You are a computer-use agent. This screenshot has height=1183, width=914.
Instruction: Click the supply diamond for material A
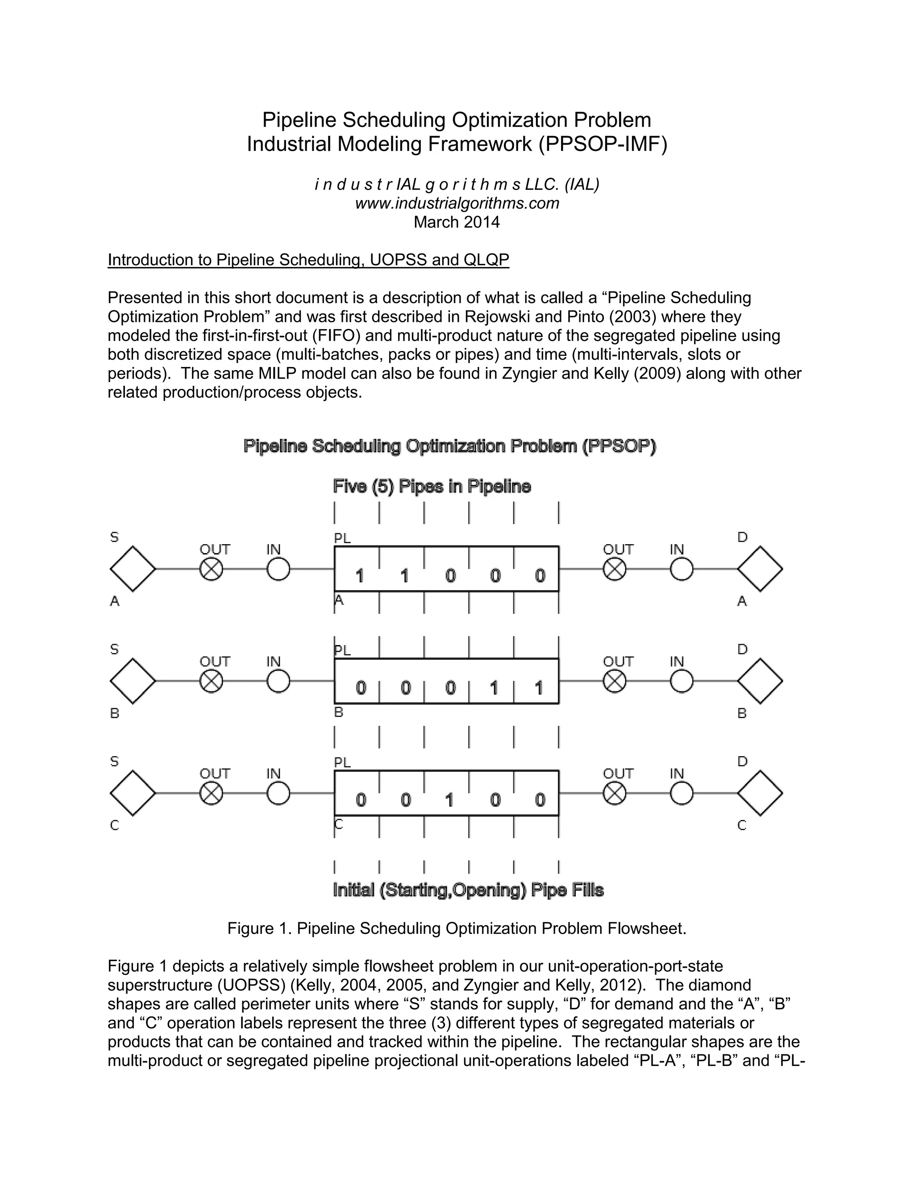pos(133,569)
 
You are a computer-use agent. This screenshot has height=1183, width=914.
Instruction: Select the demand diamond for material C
pos(760,793)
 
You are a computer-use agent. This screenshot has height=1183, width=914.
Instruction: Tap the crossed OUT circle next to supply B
pos(211,681)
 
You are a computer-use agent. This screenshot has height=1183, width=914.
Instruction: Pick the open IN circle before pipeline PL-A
pos(278,569)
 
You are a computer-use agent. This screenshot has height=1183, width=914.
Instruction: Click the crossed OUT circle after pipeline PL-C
pos(615,793)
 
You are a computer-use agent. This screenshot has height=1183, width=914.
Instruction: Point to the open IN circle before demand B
pos(681,681)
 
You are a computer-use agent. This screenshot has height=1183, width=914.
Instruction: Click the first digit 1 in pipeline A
pos(360,576)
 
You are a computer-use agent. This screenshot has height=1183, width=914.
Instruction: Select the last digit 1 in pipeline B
pos(539,688)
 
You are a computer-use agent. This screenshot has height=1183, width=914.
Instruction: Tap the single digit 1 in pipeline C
pos(449,800)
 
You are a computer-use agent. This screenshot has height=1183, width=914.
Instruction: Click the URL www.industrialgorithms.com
pos(457,203)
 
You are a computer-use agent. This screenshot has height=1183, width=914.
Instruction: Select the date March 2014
pos(457,222)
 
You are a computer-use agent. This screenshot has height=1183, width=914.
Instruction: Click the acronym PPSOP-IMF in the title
pos(602,144)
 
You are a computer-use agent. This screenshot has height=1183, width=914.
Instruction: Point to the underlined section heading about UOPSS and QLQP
pos(309,260)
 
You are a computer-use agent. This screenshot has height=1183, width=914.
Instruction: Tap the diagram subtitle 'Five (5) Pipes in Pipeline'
pos(432,487)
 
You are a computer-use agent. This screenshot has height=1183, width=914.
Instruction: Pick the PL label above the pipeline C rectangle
pos(342,762)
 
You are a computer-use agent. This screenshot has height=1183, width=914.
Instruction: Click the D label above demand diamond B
pos(742,649)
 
